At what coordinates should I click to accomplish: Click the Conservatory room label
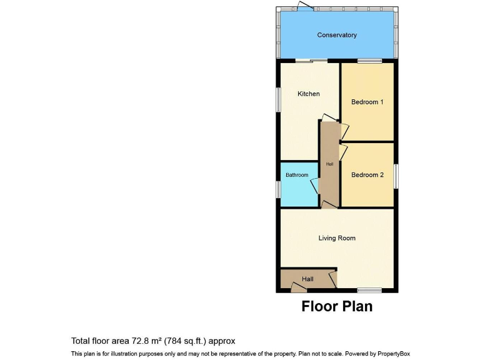click(x=337, y=35)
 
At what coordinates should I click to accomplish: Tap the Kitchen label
click(x=308, y=94)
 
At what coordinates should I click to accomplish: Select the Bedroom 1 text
click(x=367, y=102)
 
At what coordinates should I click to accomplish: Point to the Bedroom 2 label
click(x=367, y=175)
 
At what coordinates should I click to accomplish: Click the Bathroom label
click(x=297, y=175)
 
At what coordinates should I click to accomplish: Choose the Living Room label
click(x=337, y=238)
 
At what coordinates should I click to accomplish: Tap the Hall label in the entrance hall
click(x=308, y=279)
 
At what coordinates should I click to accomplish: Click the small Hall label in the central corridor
click(x=329, y=164)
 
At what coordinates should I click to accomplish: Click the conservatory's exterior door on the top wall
click(x=305, y=7)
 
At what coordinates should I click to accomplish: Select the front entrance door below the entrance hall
click(x=299, y=287)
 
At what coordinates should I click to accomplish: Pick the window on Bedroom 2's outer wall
click(x=396, y=176)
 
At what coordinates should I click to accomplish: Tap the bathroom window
click(x=278, y=189)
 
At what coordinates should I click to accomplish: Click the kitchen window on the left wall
click(x=278, y=100)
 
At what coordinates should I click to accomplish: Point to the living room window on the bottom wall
click(x=369, y=290)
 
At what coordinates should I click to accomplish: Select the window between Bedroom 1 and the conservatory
click(x=369, y=61)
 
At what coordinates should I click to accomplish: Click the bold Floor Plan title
click(x=337, y=306)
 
